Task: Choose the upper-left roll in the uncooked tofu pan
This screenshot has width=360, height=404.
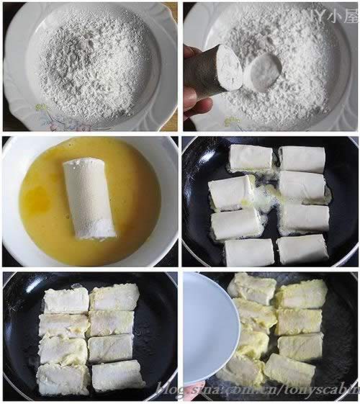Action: point(251,158)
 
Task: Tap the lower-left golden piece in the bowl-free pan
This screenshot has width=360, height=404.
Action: point(63,378)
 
